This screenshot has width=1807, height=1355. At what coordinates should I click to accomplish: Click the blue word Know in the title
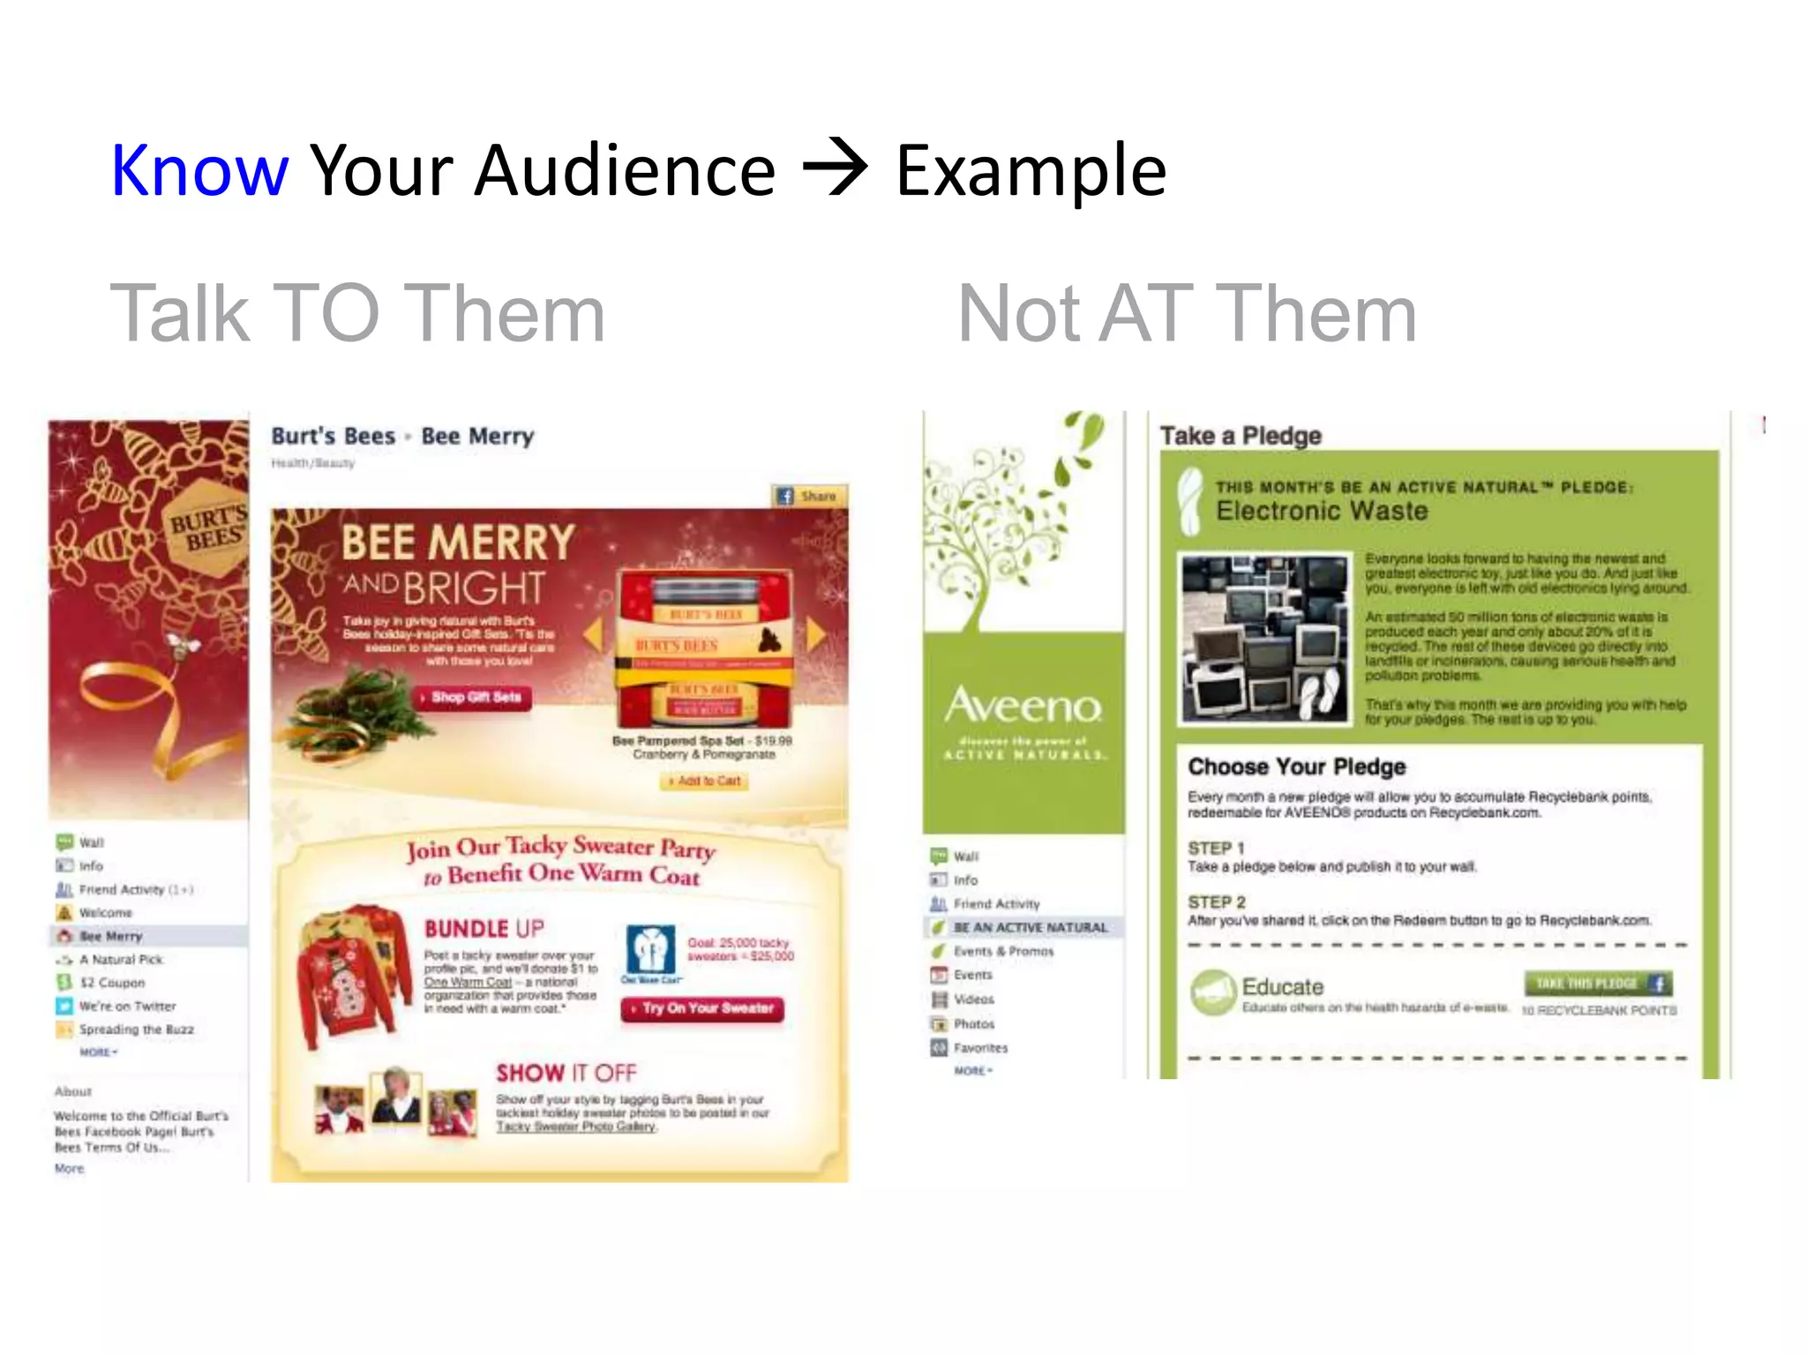tap(199, 170)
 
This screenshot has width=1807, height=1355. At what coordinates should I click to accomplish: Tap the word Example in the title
tap(1031, 170)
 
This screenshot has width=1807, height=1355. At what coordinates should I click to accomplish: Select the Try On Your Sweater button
tap(702, 1008)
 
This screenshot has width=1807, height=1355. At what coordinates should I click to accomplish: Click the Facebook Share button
tap(808, 497)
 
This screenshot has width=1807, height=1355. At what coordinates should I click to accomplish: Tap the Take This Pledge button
tap(1597, 984)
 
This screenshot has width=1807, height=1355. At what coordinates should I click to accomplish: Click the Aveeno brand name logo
tap(1023, 706)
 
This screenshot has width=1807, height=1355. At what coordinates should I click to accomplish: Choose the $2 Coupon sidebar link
tap(111, 983)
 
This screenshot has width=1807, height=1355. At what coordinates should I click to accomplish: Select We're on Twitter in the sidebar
tap(127, 1007)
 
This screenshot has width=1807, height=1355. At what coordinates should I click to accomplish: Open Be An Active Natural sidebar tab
tap(1029, 928)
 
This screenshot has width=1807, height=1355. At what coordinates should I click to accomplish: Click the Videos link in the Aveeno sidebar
tap(973, 999)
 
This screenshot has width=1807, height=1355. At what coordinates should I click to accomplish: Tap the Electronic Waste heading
tap(1321, 511)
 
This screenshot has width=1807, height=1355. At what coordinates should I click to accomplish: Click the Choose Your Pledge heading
tap(1296, 767)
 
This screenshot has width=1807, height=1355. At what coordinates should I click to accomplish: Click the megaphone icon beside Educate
tap(1212, 992)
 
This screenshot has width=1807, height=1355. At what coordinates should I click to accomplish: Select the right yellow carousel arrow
tap(815, 633)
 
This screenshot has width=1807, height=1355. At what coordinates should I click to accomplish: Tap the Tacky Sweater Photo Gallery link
tap(575, 1127)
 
